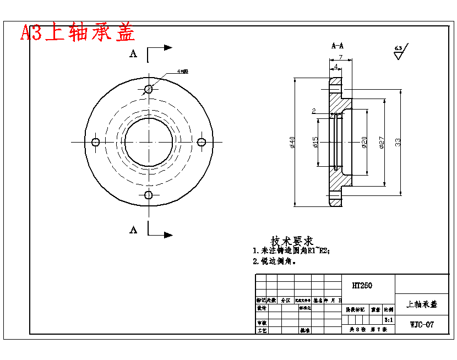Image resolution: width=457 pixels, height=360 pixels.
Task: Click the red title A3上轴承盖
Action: click(78, 32)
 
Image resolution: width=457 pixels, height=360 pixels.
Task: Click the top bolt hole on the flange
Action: click(148, 89)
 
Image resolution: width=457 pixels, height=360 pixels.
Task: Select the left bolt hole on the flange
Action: click(96, 142)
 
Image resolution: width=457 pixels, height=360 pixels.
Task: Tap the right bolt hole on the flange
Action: click(202, 142)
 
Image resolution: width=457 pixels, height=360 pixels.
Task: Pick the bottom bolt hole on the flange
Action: click(148, 195)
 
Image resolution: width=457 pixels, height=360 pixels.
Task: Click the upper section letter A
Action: click(133, 53)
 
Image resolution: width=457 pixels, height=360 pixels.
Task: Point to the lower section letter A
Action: click(133, 230)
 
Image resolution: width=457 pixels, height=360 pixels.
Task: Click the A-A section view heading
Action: click(338, 46)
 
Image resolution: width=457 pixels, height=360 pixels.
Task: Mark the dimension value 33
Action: click(398, 142)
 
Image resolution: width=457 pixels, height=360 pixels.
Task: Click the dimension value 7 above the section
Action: click(341, 57)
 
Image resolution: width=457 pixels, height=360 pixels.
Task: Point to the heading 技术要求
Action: click(292, 241)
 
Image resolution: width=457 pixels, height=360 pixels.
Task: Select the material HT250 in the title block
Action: click(362, 286)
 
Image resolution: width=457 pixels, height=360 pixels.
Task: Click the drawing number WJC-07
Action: click(422, 324)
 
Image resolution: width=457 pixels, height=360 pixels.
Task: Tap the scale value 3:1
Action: click(388, 319)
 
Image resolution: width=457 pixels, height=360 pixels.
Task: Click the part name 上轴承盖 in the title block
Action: click(422, 304)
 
